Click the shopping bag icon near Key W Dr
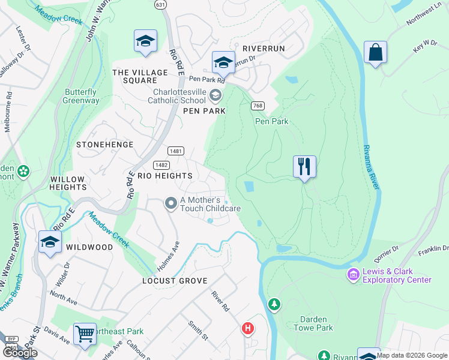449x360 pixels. pos(375,52)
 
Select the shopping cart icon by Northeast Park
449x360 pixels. pos(85,334)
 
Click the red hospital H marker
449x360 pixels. pos(247,328)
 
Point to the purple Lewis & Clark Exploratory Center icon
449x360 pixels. pos(353,275)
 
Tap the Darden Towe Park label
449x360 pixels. pos(313,323)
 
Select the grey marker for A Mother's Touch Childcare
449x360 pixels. pos(171,204)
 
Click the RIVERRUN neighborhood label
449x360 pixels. pos(264,48)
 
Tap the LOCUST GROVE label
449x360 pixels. pos(175,281)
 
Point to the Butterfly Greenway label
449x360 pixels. pos(80,96)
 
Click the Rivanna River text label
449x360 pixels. pos(370,167)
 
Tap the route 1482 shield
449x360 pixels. pos(160,164)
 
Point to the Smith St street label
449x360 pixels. pos(197,329)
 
